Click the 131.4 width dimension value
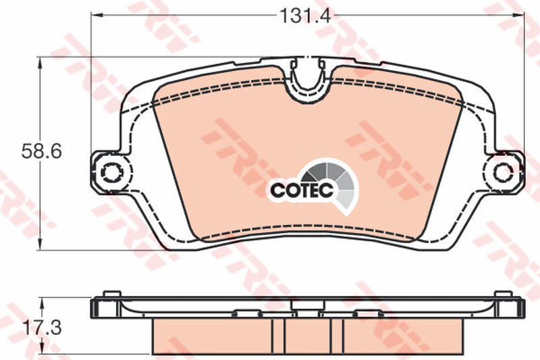tap(305, 16)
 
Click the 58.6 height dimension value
tap(41, 151)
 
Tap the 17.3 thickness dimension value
tap(42, 328)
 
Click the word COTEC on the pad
tap(302, 190)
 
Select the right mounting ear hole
tap(503, 172)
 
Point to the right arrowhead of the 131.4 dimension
tap(518, 15)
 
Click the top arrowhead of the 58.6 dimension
tap(40, 63)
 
